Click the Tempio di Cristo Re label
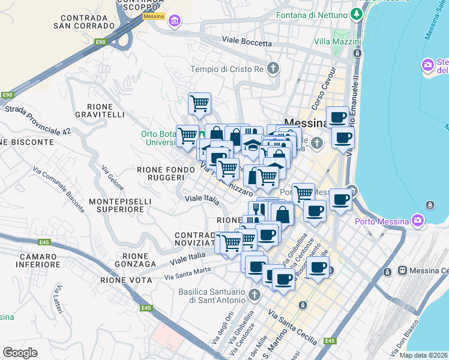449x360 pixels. click(x=227, y=69)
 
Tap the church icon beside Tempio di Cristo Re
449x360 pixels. click(x=273, y=68)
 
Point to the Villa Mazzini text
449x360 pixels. click(x=337, y=42)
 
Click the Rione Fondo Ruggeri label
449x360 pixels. click(x=160, y=173)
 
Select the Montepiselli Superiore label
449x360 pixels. click(x=116, y=204)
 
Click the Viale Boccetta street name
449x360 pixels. click(x=247, y=41)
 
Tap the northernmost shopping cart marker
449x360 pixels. click(x=199, y=103)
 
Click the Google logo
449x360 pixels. click(x=20, y=353)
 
